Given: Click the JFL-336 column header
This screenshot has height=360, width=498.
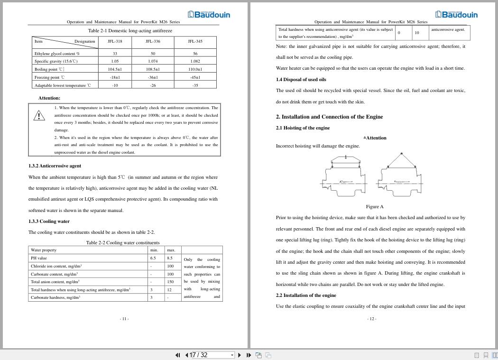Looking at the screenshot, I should (153, 41).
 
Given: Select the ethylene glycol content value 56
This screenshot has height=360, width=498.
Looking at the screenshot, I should (195, 54).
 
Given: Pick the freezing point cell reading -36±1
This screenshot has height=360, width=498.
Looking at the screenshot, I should (153, 77).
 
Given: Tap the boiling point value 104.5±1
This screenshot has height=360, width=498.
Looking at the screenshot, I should (115, 69).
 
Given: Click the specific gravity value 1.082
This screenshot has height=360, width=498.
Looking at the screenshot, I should (195, 61).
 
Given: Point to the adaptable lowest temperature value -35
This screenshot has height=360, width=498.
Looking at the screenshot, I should (195, 85).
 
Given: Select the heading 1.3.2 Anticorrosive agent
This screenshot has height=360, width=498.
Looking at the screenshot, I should (55, 166).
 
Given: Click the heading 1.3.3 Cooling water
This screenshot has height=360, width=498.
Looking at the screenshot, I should (49, 221).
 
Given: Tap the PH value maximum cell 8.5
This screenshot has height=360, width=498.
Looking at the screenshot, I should (170, 258).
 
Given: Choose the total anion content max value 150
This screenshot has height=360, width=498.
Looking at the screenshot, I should (170, 282).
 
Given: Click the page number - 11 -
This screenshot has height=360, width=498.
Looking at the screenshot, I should (124, 319).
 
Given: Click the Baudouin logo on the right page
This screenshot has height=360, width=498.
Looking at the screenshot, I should (456, 14).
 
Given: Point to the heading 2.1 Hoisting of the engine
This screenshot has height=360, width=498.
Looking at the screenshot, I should (303, 128).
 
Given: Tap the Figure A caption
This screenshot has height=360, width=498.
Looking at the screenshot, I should (375, 206).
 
